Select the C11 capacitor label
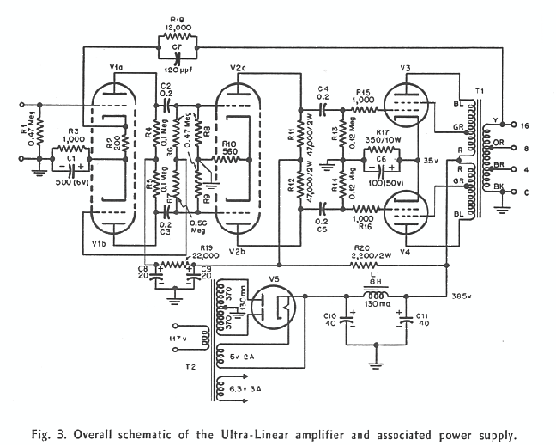point(422,321)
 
